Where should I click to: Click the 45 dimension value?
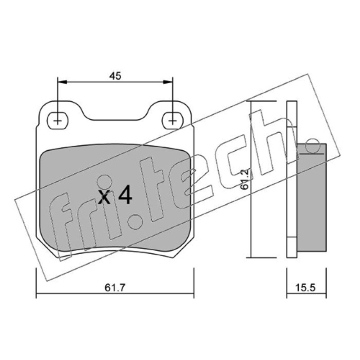pos(115,76)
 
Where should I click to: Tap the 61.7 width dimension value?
pos(115,288)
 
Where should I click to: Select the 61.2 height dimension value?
pos(245,179)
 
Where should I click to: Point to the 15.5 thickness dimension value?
pos(306,288)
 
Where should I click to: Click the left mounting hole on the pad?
pos(58,121)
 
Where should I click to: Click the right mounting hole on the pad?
pos(172,121)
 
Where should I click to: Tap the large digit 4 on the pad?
pos(125,195)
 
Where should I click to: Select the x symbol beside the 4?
pos(104,197)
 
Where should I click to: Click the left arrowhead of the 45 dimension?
pos(62,82)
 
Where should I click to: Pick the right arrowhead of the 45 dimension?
pos(168,82)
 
